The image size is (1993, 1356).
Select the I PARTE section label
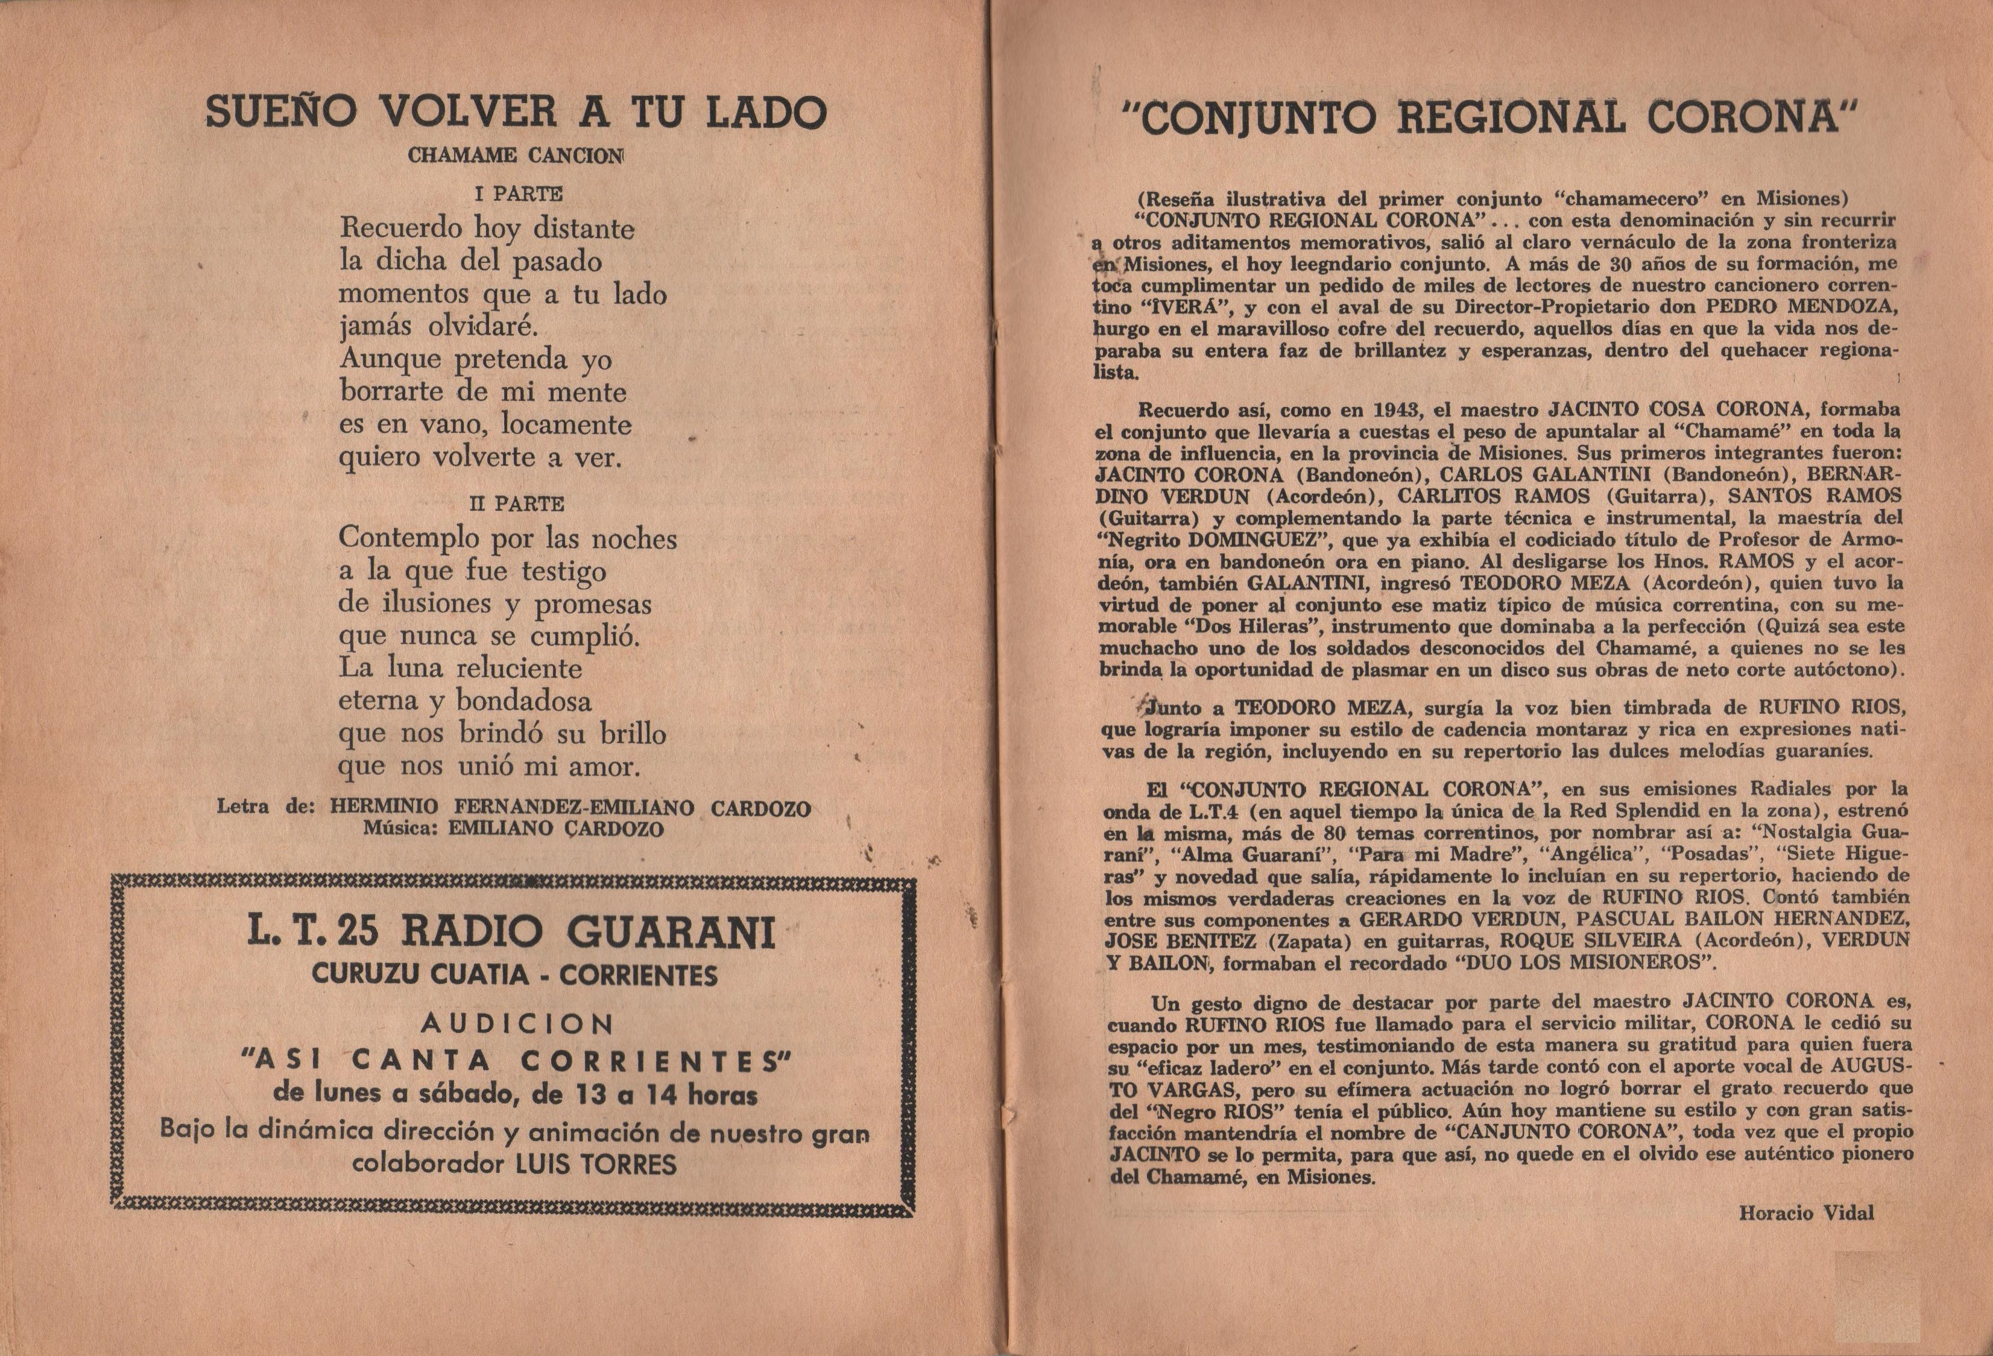pos(518,194)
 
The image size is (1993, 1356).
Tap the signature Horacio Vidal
pos(1806,1213)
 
